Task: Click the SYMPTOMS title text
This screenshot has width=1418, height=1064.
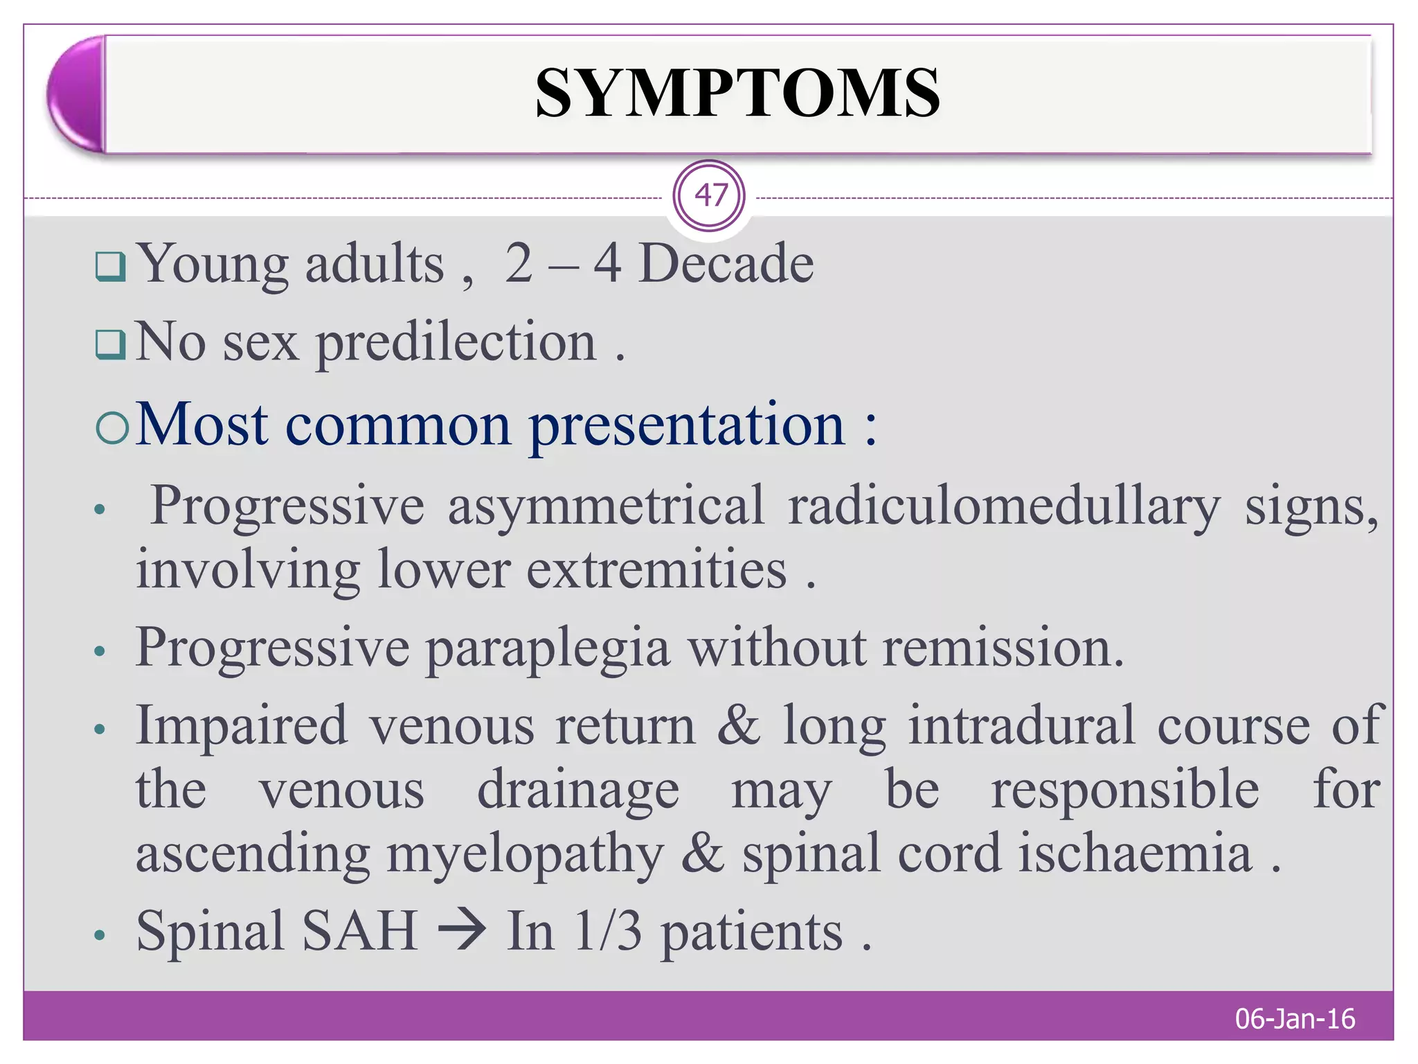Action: click(x=737, y=94)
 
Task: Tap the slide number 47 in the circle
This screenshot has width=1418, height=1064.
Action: click(x=710, y=196)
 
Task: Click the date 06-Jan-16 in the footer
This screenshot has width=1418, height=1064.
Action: click(x=1295, y=1019)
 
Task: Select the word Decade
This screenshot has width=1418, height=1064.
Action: click(x=726, y=264)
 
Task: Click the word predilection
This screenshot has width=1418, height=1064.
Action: click(x=456, y=342)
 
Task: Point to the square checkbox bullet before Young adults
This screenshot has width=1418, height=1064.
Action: click(x=111, y=267)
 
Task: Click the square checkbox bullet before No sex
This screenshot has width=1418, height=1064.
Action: click(x=111, y=344)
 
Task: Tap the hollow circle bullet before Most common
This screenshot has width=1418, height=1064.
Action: click(x=112, y=428)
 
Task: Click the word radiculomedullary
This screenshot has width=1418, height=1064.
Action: click(x=1004, y=506)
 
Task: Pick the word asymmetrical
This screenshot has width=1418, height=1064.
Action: click(x=606, y=506)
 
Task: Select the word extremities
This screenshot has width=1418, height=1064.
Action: click(x=656, y=570)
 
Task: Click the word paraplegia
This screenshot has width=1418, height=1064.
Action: click(x=548, y=648)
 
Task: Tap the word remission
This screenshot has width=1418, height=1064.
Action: click(x=1003, y=648)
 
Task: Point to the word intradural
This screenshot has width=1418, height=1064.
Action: click(x=1022, y=726)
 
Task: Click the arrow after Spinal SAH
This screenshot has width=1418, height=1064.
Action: click(x=462, y=930)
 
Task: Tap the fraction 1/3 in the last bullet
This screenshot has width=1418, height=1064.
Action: click(x=608, y=931)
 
